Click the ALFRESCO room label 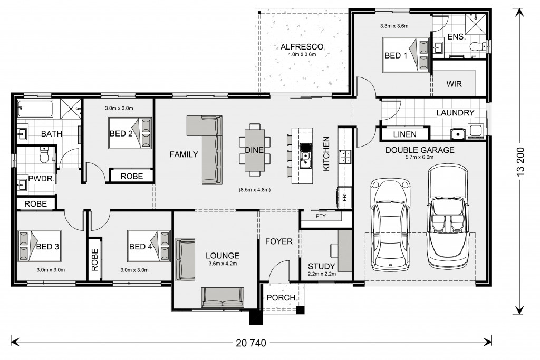click(x=302, y=47)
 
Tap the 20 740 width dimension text click(x=251, y=343)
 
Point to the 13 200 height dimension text click(x=520, y=162)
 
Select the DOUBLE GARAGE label click(x=420, y=150)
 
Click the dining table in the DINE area click(x=255, y=150)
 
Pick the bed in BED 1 click(x=406, y=55)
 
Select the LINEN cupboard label click(x=404, y=134)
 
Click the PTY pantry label click(x=321, y=216)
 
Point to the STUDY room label click(x=321, y=266)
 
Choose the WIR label click(x=454, y=84)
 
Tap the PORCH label click(x=281, y=298)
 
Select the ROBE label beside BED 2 click(x=131, y=177)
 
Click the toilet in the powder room click(x=45, y=155)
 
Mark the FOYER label click(x=279, y=241)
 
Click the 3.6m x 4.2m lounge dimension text click(x=223, y=264)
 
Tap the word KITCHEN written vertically click(x=326, y=153)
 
